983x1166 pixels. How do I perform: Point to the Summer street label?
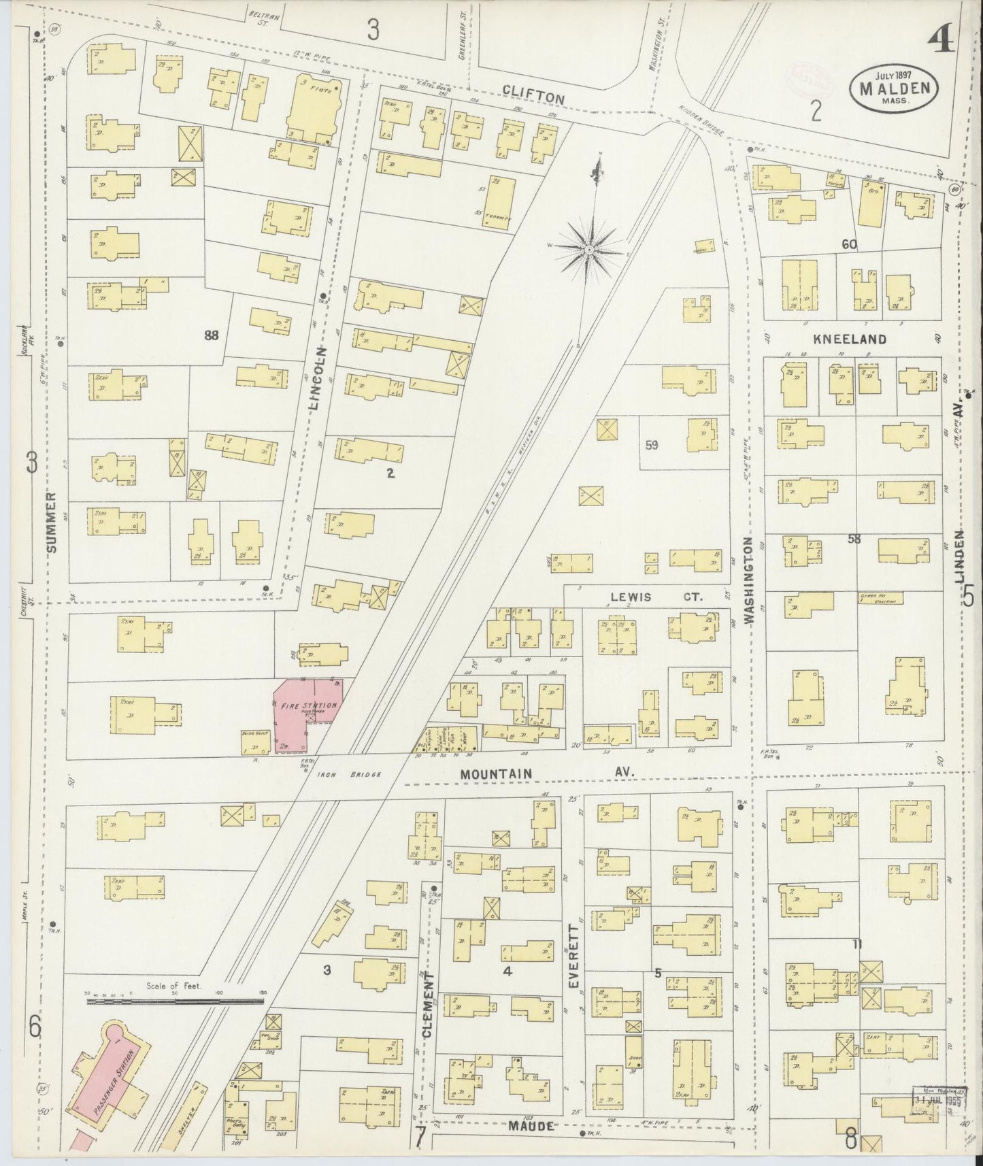point(51,520)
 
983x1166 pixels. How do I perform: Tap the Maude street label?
point(529,1126)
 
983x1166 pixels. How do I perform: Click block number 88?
point(211,334)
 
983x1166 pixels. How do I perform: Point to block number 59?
point(651,446)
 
